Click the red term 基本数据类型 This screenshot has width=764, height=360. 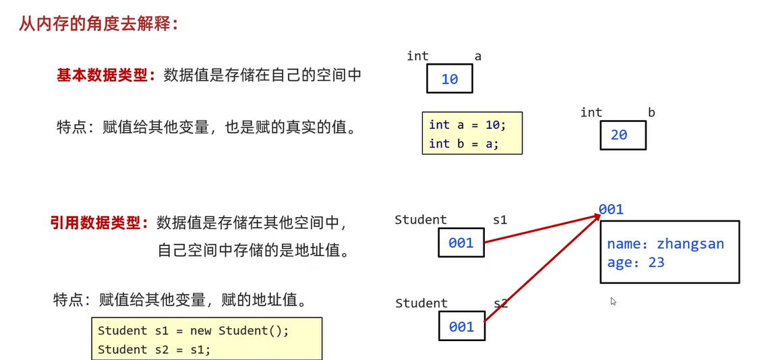click(x=101, y=75)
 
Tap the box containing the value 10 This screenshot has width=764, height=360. click(x=449, y=80)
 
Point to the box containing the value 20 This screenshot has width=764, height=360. click(x=622, y=135)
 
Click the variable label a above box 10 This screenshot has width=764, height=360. click(x=477, y=57)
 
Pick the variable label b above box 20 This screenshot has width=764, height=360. click(x=651, y=113)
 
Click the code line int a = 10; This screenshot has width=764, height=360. click(x=467, y=125)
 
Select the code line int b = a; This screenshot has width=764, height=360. click(x=463, y=144)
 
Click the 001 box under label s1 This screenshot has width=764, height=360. click(x=461, y=243)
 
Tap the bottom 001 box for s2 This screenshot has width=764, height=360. click(x=461, y=327)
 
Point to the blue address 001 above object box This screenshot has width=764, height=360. click(x=611, y=209)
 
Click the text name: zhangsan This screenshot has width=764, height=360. click(x=665, y=244)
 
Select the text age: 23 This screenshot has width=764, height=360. click(x=635, y=263)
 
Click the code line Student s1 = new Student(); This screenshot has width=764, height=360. click(x=193, y=330)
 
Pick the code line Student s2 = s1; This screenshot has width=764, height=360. click(x=154, y=349)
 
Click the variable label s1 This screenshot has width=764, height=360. click(x=499, y=220)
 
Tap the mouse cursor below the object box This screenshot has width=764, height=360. click(x=613, y=301)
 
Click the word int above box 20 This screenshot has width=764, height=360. click(x=591, y=113)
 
